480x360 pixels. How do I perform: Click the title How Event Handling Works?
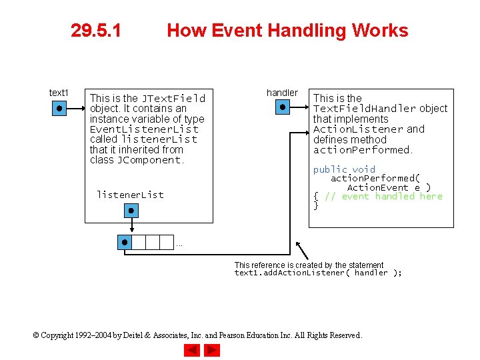tap(287, 31)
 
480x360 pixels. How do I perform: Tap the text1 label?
tap(59, 93)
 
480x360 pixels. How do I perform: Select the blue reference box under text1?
tap(59, 107)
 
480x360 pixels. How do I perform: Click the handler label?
tap(282, 93)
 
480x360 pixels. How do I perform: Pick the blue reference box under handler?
tap(283, 107)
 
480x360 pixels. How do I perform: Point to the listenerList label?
tap(130, 195)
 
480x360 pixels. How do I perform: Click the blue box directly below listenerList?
tap(131, 211)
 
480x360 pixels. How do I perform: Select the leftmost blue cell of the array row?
tap(124, 242)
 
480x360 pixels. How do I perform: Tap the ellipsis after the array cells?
tap(179, 245)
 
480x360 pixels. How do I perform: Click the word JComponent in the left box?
tap(149, 160)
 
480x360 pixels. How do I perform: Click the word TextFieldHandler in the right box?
tap(365, 109)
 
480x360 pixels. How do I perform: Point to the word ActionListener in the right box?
tap(358, 129)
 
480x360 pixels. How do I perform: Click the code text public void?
tap(344, 169)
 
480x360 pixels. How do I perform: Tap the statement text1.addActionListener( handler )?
tap(318, 273)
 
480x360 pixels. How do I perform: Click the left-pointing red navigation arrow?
tap(193, 350)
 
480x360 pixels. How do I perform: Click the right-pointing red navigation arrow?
tap(211, 350)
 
